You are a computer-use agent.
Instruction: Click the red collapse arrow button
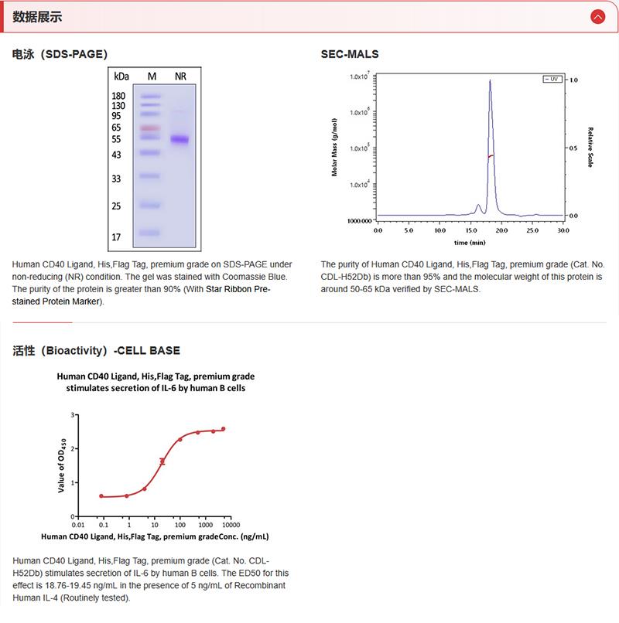(x=597, y=16)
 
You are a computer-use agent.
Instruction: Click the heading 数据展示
(x=38, y=17)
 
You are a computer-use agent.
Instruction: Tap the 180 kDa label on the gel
(x=118, y=96)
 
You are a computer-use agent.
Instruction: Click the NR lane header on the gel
(x=180, y=77)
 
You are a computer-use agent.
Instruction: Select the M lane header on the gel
(x=152, y=77)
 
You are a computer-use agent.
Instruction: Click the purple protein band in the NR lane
(x=180, y=140)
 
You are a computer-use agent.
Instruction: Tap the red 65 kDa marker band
(x=150, y=128)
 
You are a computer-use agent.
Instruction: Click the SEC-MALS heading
(x=350, y=54)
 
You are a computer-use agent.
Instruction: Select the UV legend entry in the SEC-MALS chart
(x=551, y=79)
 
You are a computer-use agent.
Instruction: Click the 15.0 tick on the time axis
(x=470, y=230)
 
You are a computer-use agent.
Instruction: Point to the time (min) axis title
(x=470, y=241)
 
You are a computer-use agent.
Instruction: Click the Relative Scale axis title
(x=590, y=147)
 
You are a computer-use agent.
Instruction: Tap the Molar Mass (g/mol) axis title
(x=334, y=148)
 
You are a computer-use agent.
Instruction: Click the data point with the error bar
(x=162, y=461)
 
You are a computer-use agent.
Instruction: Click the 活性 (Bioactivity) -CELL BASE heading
(x=97, y=350)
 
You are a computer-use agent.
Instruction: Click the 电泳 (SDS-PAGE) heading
(x=60, y=54)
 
